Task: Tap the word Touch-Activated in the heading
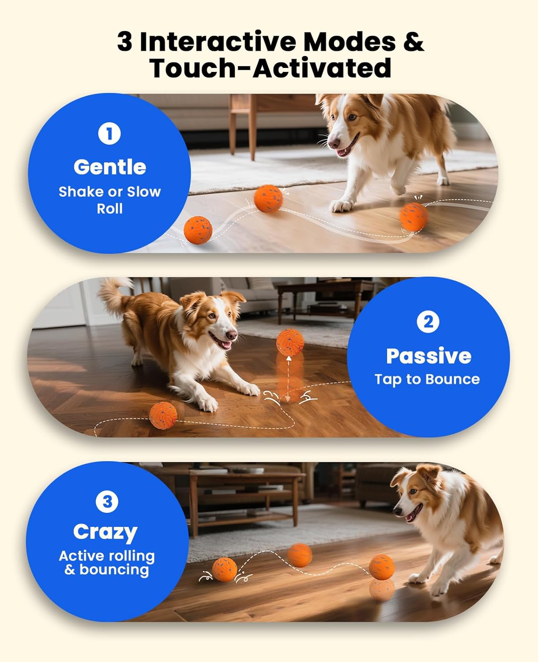(x=270, y=68)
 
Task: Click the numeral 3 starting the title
(x=124, y=42)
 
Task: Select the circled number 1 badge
(x=109, y=133)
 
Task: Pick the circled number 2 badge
(x=428, y=322)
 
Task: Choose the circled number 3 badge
(x=107, y=502)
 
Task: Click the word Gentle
(x=109, y=167)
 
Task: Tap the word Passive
(x=428, y=356)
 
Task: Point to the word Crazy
(x=105, y=532)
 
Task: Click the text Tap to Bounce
(x=427, y=379)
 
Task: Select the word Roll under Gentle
(x=109, y=208)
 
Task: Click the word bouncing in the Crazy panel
(x=114, y=569)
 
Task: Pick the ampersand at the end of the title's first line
(x=413, y=42)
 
